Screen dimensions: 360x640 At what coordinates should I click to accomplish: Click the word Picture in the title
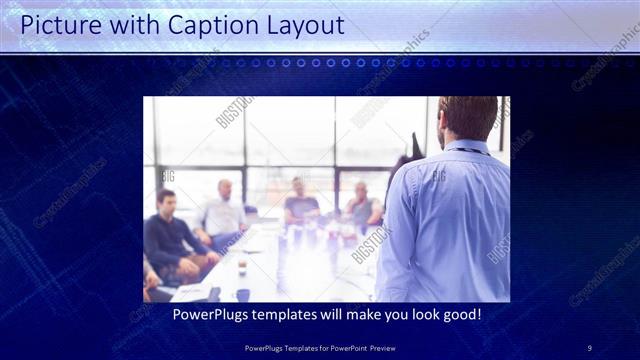(x=59, y=25)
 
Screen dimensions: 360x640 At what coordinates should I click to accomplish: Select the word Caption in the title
(x=204, y=25)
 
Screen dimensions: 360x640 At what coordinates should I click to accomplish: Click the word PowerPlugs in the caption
(x=213, y=314)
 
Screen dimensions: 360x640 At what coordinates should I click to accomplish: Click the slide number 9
(x=589, y=347)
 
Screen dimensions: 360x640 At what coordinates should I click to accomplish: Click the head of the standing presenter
(x=467, y=117)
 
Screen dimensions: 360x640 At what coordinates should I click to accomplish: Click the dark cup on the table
(x=242, y=294)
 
